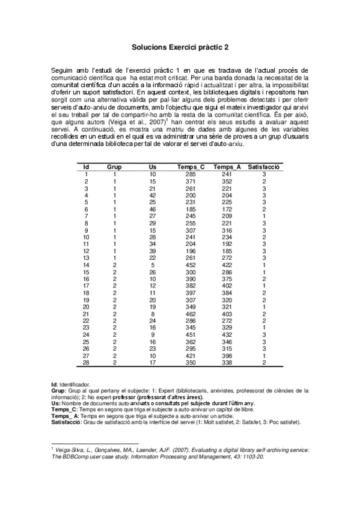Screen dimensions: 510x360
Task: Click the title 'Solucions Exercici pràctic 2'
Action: (180, 45)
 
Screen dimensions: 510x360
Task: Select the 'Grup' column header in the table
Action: (114, 166)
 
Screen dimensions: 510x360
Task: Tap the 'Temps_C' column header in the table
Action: (191, 166)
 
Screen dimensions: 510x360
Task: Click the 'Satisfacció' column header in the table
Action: (264, 166)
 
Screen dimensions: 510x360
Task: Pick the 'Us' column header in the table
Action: (153, 166)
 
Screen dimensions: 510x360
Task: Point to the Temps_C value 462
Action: (191, 313)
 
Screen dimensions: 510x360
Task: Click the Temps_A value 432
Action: (227, 334)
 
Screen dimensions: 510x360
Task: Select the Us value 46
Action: (153, 208)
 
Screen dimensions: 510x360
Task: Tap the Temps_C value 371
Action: (191, 180)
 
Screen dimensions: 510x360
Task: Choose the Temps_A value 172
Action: (227, 208)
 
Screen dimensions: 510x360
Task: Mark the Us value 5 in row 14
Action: (153, 265)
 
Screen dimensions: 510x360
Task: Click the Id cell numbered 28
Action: (87, 362)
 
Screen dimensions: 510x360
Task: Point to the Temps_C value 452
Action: (191, 265)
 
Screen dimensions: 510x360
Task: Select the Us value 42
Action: (153, 194)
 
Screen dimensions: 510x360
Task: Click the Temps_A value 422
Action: (227, 265)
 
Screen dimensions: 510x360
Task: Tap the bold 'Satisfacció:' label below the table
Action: (67, 422)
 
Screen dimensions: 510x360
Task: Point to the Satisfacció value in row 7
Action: (264, 215)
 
